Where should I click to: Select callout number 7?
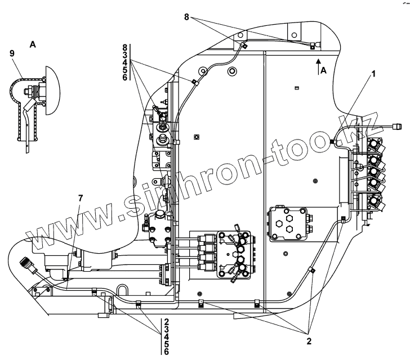click(x=81, y=199)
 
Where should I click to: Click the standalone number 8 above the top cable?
click(x=188, y=17)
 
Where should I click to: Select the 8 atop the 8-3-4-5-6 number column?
click(x=124, y=47)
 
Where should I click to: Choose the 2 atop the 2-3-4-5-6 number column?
click(x=166, y=322)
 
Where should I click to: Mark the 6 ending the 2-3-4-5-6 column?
click(x=166, y=352)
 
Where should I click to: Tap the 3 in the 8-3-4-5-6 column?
click(x=124, y=55)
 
